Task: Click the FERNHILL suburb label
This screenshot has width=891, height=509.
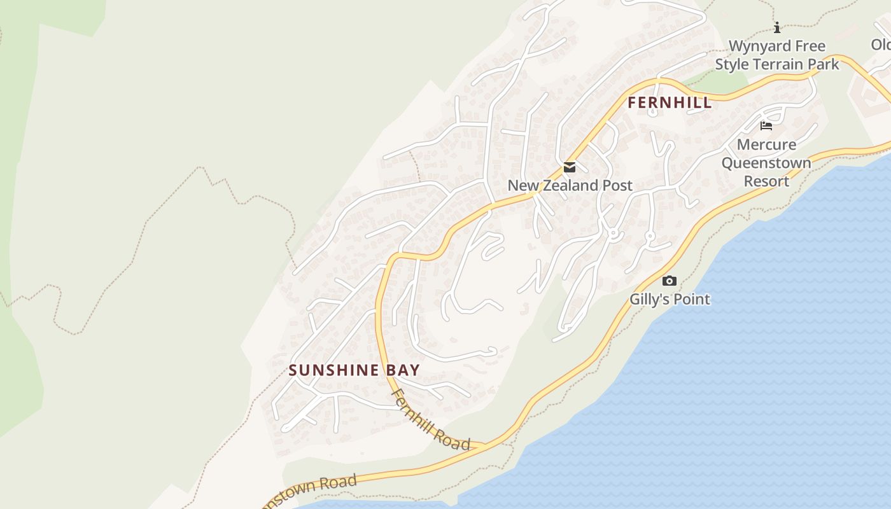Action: (670, 103)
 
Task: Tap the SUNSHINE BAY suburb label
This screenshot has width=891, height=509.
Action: (354, 370)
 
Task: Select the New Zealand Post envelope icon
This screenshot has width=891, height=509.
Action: (570, 168)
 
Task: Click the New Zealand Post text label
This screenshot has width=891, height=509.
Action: (570, 186)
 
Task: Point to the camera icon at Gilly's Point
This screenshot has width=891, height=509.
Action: (669, 281)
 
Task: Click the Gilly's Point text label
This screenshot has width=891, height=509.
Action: (670, 299)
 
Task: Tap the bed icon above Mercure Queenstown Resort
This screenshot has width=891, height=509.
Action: (766, 126)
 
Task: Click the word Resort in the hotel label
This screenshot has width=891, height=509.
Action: (766, 181)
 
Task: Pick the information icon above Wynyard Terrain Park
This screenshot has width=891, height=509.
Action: (776, 27)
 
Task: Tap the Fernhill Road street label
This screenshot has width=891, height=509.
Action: (431, 421)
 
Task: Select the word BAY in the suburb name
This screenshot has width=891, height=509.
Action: (403, 370)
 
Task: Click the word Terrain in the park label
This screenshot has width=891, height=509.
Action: (782, 64)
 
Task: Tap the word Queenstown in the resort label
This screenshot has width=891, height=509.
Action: (766, 164)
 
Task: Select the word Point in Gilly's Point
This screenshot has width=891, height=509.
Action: (692, 299)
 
